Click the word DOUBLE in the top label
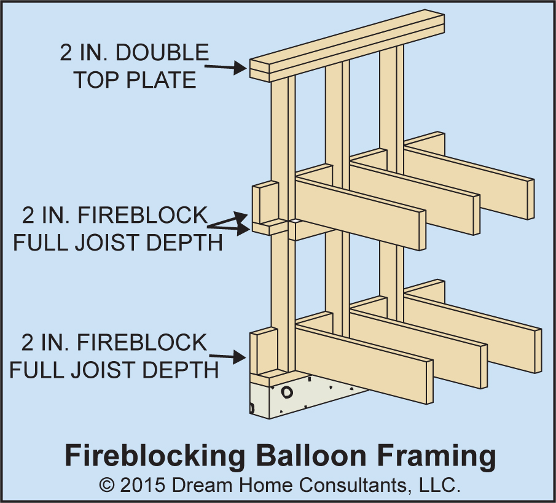tap(162, 53)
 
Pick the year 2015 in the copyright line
tap(143, 485)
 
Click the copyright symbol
tap(108, 485)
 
